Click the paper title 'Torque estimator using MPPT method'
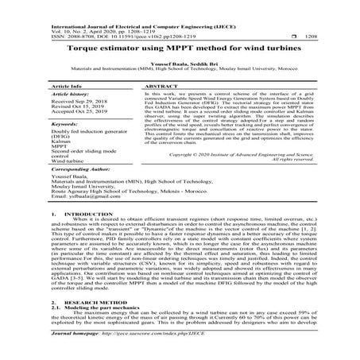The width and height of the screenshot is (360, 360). (x=180, y=45)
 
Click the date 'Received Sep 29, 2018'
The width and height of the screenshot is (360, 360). (x=79, y=102)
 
